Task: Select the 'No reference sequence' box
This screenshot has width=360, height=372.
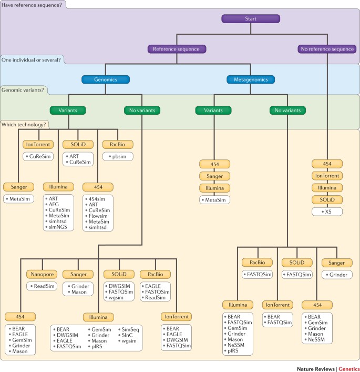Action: (x=327, y=49)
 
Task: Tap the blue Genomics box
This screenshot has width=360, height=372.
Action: (x=105, y=79)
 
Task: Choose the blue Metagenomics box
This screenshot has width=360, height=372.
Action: (x=251, y=79)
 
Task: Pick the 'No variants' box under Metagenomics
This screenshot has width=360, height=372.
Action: (x=287, y=110)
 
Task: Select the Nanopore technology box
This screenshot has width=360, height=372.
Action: (x=41, y=274)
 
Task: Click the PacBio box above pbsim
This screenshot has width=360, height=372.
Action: (x=119, y=144)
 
